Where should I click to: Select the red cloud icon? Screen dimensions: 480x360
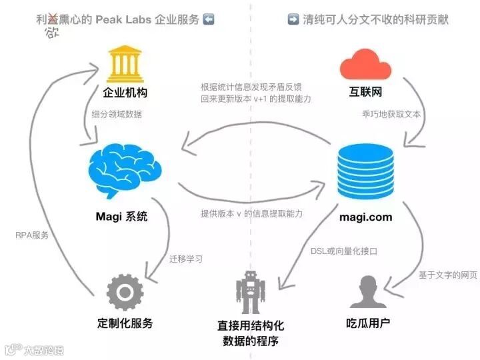tap(365, 64)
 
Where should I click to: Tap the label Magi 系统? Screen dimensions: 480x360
tap(121, 216)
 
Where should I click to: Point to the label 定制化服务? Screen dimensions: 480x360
tap(125, 323)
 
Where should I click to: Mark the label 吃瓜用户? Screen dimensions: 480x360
tap(368, 323)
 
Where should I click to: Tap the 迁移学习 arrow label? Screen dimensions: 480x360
tap(187, 259)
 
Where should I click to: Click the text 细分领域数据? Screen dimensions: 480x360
tap(117, 114)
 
